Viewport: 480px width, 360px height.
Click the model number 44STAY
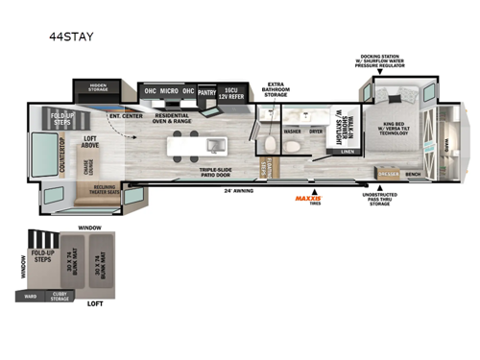[x=66, y=40]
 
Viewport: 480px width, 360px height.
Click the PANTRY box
[x=207, y=92]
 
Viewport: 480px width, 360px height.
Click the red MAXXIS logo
[x=308, y=199]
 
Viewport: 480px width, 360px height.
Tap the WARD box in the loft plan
[x=31, y=297]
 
